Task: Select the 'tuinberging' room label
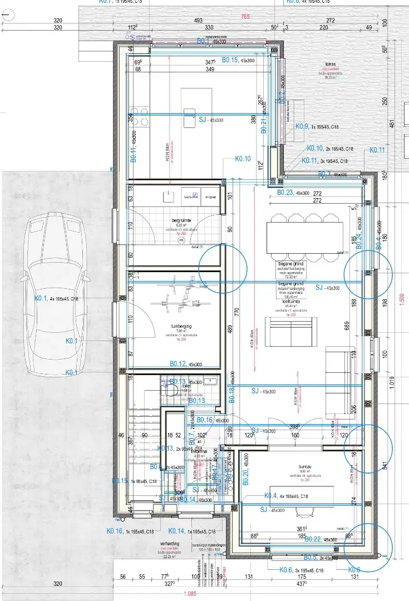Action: coord(182,327)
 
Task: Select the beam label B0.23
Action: coord(285,193)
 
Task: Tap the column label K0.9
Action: coord(302,126)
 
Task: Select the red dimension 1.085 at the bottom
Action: coord(190,593)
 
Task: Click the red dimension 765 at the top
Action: coord(245,17)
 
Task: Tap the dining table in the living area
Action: coord(295,239)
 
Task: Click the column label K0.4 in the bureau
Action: coord(270,495)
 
